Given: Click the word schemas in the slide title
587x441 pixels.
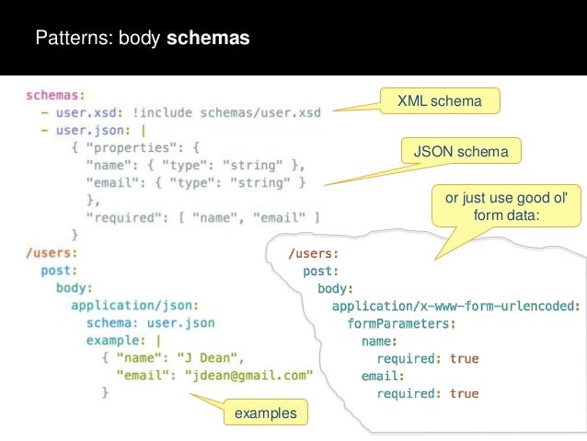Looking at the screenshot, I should click(208, 40).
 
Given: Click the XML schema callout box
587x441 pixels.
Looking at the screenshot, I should click(440, 100).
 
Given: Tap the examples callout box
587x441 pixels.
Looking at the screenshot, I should click(266, 413).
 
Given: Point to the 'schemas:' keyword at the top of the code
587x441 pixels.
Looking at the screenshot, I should click(55, 94).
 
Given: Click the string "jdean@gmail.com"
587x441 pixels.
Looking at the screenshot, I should click(249, 376).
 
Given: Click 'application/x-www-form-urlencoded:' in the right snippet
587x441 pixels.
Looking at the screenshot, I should click(455, 306).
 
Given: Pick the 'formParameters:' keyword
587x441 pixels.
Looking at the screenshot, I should click(401, 323).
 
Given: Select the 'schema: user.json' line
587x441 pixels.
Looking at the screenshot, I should click(151, 323).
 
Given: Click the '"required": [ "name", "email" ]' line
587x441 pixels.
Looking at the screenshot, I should click(202, 218).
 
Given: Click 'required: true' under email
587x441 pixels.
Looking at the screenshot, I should click(428, 393).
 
